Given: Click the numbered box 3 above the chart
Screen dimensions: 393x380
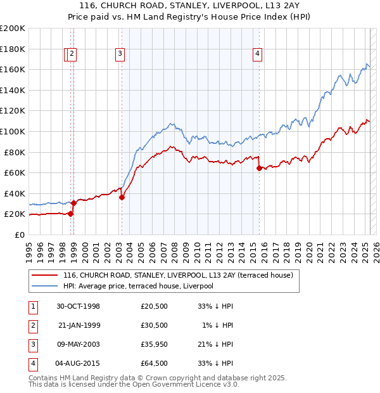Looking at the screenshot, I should (x=120, y=55).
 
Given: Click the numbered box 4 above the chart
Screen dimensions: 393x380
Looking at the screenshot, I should (x=258, y=55).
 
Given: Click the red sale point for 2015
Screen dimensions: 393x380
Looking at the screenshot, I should (x=259, y=168).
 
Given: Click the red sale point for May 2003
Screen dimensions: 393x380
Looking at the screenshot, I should (x=122, y=197).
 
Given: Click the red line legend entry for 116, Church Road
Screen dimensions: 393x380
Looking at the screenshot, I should (x=178, y=276).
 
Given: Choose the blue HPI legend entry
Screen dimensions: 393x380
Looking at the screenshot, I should (x=138, y=287).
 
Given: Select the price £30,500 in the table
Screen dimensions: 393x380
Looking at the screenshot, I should (x=155, y=325).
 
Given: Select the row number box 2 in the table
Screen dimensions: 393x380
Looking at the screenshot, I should (x=33, y=325).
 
